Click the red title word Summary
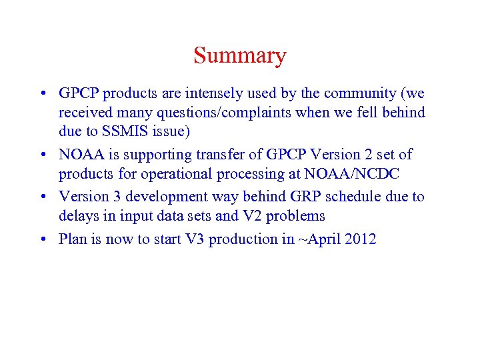point(240,55)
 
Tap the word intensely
point(208,93)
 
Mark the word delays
point(78,216)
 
